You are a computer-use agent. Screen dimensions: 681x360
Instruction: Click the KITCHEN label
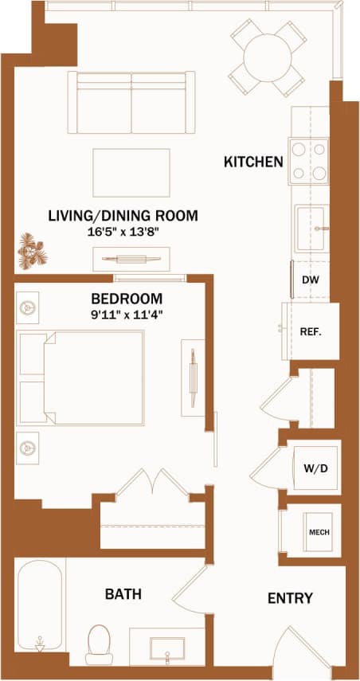[x=253, y=162]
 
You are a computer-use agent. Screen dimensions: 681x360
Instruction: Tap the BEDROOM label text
[x=127, y=299]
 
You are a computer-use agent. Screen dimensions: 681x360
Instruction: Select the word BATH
[x=123, y=593]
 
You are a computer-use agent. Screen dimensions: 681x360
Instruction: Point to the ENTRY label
[x=290, y=598]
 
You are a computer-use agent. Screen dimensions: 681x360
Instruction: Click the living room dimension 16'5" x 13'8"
[x=123, y=233]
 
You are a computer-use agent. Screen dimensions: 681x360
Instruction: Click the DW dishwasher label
[x=310, y=280]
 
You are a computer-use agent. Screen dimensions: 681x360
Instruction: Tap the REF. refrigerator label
[x=310, y=331]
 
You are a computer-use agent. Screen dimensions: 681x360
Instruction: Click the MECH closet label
[x=319, y=532]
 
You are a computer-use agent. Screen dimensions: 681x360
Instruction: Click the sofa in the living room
[x=131, y=102]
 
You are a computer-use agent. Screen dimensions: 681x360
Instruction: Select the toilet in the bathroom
[x=99, y=641]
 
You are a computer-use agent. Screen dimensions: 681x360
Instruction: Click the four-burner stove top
[x=309, y=160]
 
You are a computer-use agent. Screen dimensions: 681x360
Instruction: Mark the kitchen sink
[x=311, y=228]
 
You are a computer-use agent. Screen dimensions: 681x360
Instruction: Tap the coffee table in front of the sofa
[x=131, y=172]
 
